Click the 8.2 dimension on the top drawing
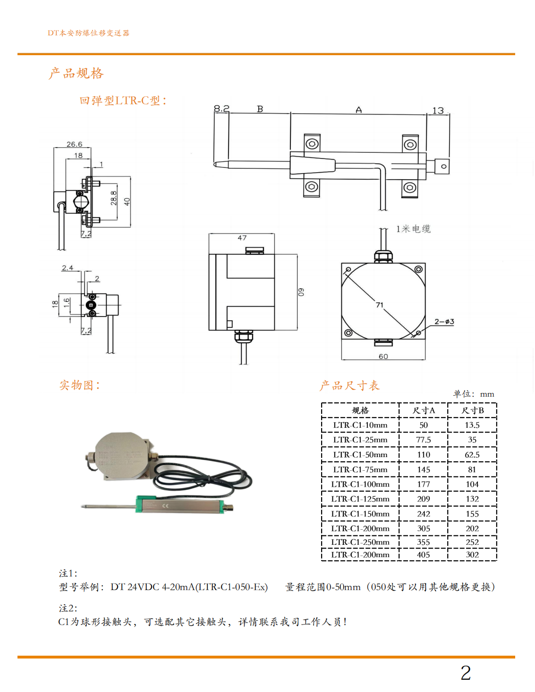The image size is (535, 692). pyautogui.click(x=221, y=108)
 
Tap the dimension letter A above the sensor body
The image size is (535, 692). pyautogui.click(x=359, y=110)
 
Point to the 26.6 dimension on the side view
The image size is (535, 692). pyautogui.click(x=74, y=144)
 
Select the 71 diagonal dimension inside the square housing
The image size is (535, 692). pyautogui.click(x=379, y=305)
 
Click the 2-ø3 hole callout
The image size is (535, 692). pyautogui.click(x=444, y=322)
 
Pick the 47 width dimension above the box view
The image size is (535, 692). pyautogui.click(x=242, y=238)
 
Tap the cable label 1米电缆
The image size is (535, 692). pyautogui.click(x=413, y=229)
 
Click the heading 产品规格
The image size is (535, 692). pyautogui.click(x=76, y=73)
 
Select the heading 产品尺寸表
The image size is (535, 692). pyautogui.click(x=349, y=385)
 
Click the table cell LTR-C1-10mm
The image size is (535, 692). pyautogui.click(x=360, y=425)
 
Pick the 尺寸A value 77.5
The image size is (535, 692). pyautogui.click(x=424, y=440)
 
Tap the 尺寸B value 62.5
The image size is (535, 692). pyautogui.click(x=472, y=455)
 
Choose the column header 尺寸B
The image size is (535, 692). pyautogui.click(x=473, y=410)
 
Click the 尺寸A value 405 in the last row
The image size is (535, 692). pyautogui.click(x=424, y=555)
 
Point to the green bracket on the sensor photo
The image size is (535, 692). pyautogui.click(x=146, y=504)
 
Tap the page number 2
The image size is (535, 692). pyautogui.click(x=466, y=673)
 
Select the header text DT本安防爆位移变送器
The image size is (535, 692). pyautogui.click(x=89, y=33)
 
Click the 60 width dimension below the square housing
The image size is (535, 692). pyautogui.click(x=383, y=356)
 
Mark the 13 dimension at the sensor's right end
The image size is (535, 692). pyautogui.click(x=438, y=110)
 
